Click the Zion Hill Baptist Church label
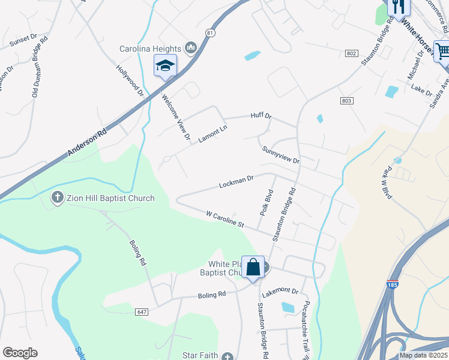coord(110,198)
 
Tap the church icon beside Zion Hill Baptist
coord(58,197)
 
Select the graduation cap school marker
coord(165,65)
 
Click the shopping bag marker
coord(253,268)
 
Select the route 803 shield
coord(346,101)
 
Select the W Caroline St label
coord(224,218)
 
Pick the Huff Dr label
coord(261,116)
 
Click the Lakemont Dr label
coord(280,290)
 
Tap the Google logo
coord(20,353)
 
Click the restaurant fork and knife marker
coord(397,6)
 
